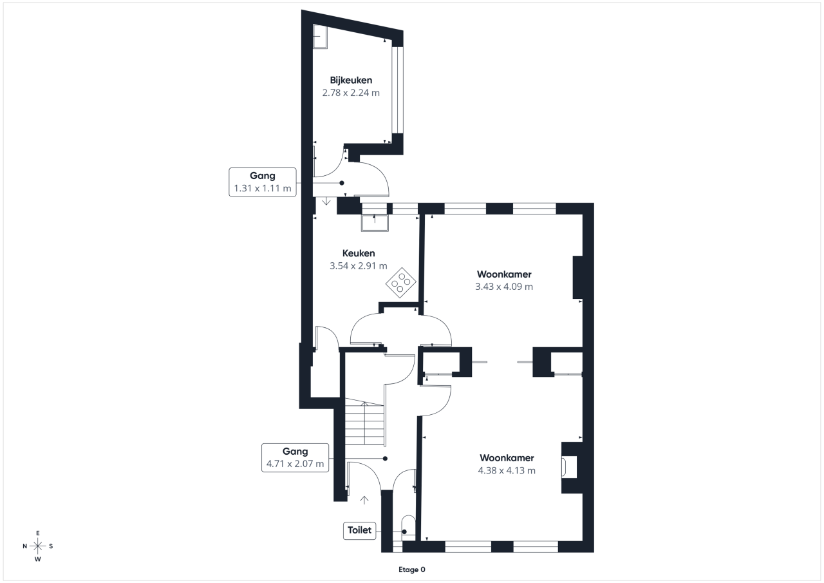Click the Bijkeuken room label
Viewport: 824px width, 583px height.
(x=351, y=81)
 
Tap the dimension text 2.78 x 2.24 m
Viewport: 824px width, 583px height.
(x=351, y=93)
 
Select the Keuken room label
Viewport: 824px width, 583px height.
(x=359, y=253)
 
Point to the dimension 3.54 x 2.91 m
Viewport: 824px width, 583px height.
(x=359, y=266)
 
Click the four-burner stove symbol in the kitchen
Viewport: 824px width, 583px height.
(x=401, y=283)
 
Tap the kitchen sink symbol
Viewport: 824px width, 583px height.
(x=375, y=223)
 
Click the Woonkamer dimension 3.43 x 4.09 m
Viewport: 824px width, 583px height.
(x=504, y=287)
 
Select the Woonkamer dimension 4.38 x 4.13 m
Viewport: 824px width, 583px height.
(x=507, y=470)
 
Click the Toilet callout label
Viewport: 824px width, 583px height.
(x=359, y=530)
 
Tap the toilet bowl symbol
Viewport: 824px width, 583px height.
(x=408, y=528)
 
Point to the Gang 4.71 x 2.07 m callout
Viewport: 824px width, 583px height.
(x=295, y=457)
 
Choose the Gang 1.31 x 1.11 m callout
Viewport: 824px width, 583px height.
(x=262, y=182)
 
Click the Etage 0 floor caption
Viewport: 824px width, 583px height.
(x=411, y=569)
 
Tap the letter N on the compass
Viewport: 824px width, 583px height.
(x=25, y=546)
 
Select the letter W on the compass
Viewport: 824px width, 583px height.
(x=37, y=559)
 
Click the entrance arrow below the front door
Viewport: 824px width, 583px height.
(x=364, y=500)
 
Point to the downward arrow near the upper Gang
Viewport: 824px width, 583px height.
(x=326, y=202)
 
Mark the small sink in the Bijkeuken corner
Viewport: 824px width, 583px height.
(x=320, y=37)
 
